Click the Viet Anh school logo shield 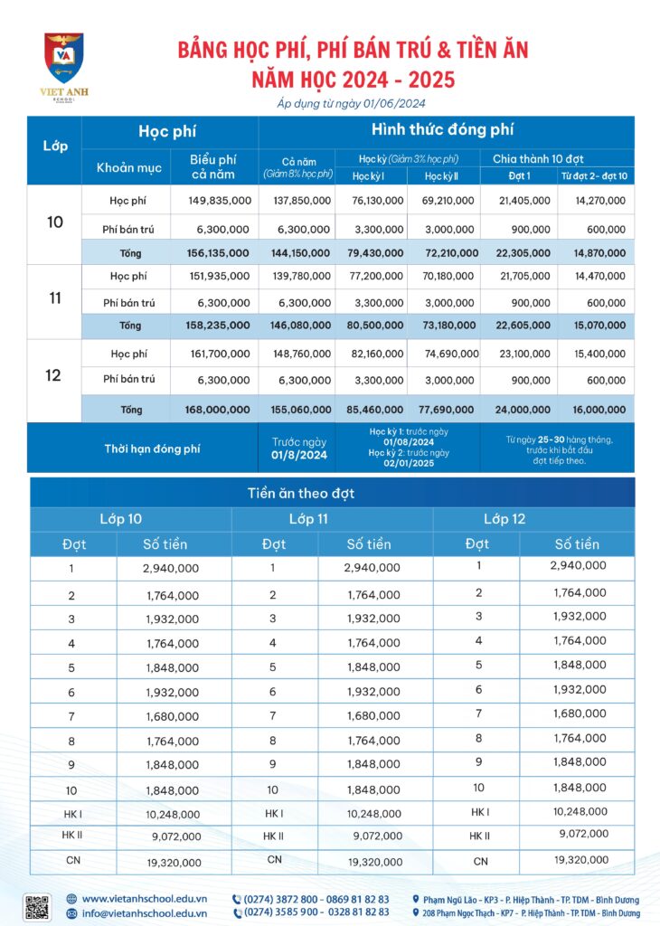pos(64,58)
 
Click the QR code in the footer pos(37,907)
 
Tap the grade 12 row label pos(53,375)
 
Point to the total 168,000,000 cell pos(218,410)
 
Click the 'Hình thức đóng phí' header pos(447,130)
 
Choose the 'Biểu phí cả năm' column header pos(213,166)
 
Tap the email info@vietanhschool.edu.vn pos(145,913)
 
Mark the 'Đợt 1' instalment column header pos(515,175)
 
